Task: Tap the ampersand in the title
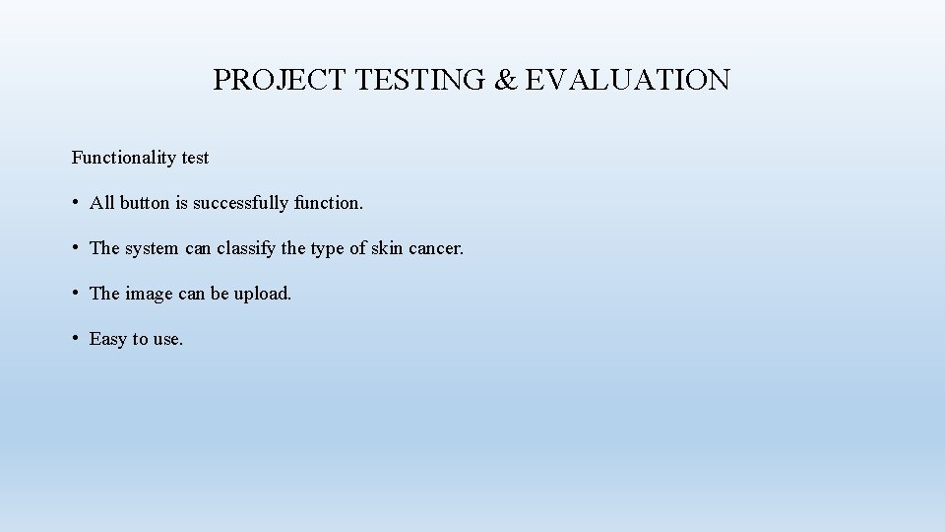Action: click(506, 80)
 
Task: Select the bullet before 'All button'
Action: click(76, 203)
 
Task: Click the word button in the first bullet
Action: click(146, 203)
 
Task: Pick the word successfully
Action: click(241, 203)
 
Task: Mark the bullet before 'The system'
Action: click(76, 248)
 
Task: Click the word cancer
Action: click(436, 249)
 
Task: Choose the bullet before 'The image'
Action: click(76, 294)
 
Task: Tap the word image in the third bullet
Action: click(149, 295)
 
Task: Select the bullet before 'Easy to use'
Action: click(76, 339)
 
